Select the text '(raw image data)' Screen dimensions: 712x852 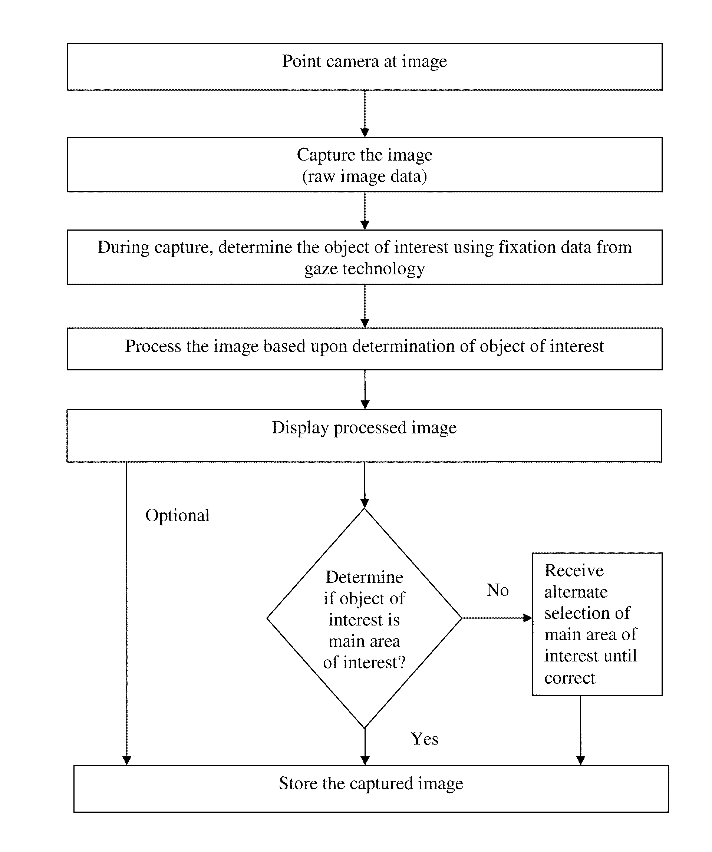coord(364,176)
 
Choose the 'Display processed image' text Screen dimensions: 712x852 coord(364,428)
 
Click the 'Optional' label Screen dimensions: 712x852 coord(177,516)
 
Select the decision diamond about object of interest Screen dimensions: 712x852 coord(364,618)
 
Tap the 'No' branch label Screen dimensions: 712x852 coord(497,590)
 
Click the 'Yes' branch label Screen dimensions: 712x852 coord(424,739)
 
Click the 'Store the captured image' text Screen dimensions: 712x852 coord(371,783)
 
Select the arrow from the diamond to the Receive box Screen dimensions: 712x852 coord(497,618)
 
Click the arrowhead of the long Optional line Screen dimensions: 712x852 coord(126,761)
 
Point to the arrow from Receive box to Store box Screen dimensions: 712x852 coord(581,731)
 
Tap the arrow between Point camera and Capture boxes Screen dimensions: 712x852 coord(365,114)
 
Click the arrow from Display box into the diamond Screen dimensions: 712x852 coord(364,485)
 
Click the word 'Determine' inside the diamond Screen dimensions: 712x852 coord(364,577)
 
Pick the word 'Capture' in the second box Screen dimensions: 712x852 coord(326,155)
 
